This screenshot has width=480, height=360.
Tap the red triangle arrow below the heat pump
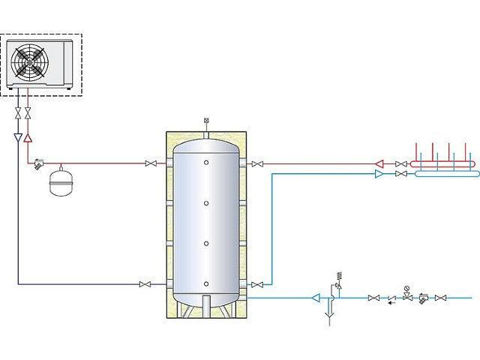28,138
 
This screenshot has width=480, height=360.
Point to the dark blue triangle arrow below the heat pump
18,138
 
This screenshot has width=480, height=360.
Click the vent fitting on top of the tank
206,122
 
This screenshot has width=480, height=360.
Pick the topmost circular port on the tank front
206,163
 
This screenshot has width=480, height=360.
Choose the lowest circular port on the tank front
206,283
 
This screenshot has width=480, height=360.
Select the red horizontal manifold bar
442,163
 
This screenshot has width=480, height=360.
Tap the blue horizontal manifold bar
442,174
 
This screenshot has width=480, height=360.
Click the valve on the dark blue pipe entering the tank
145,284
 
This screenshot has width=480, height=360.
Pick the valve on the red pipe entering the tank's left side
152,163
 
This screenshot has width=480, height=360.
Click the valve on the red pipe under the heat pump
28,113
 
